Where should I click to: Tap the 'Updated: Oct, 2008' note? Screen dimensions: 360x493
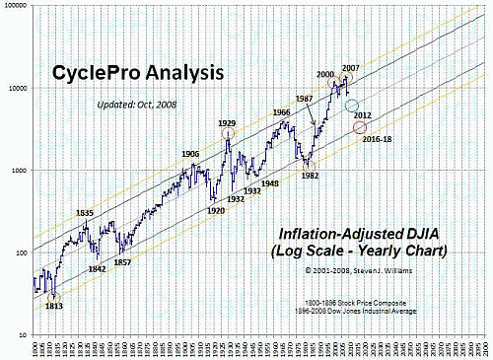137,106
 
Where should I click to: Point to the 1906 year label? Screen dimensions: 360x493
190,154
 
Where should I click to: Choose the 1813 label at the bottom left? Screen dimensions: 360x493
55,306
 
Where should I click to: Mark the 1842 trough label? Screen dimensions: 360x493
97,268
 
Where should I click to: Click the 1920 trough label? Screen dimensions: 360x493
217,210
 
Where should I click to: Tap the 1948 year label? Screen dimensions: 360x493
269,183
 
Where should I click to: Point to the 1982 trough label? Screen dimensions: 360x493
311,175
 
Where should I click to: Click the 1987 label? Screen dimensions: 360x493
304,99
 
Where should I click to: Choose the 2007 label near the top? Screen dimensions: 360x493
350,67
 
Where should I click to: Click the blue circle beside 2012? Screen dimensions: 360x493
352,105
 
